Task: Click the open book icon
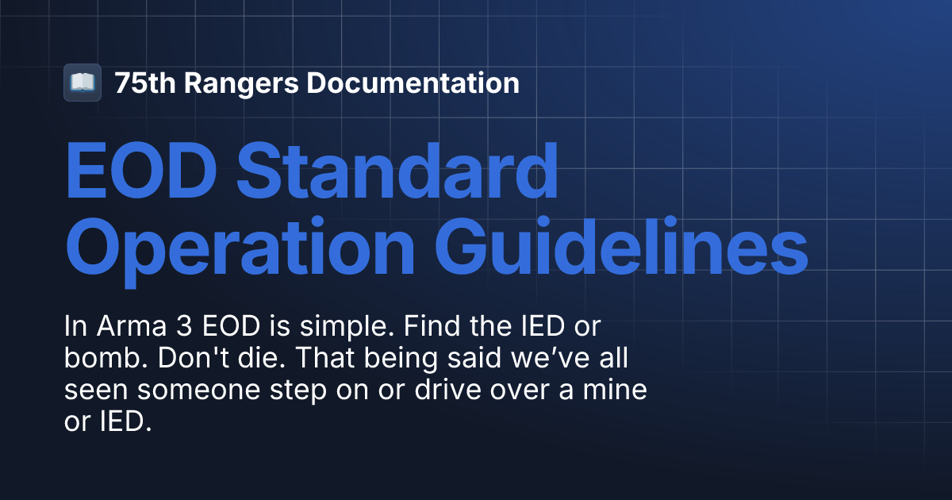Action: [x=83, y=83]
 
